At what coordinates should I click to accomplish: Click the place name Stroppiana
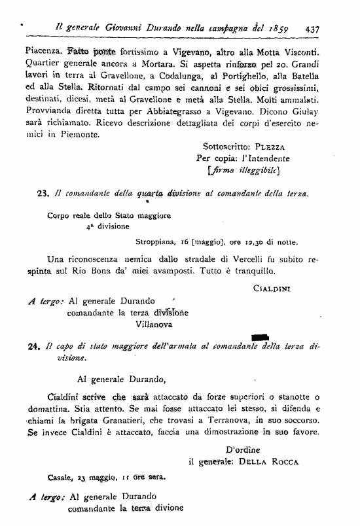pos(166,241)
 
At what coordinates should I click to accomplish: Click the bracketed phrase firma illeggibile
pos(243,171)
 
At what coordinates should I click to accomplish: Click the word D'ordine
pos(242,449)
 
